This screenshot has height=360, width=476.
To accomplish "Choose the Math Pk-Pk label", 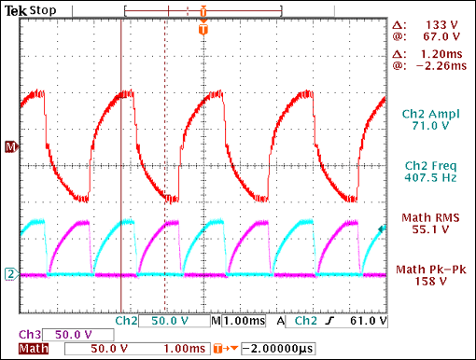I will (430, 270).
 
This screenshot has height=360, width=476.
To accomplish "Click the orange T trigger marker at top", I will (203, 31).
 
